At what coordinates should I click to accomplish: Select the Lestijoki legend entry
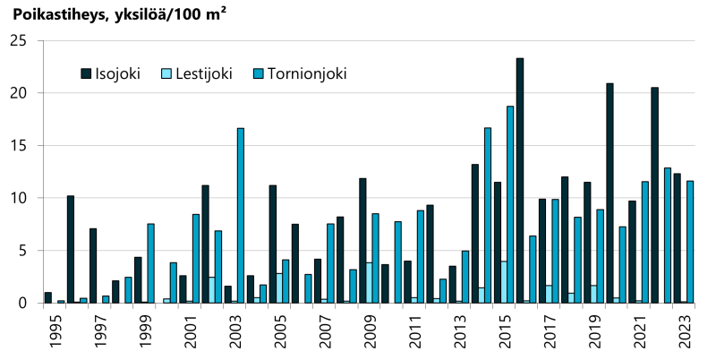[x=195, y=73]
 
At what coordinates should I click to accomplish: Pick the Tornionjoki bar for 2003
[x=241, y=215]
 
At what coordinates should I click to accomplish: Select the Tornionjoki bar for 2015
[x=510, y=204]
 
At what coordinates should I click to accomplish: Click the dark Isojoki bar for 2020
[x=609, y=193]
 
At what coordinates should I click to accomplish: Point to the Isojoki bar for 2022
[x=655, y=194]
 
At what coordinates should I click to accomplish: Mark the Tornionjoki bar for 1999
[x=151, y=263]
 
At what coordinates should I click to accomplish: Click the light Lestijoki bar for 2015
[x=504, y=282]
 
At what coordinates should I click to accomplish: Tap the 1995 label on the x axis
[x=55, y=330]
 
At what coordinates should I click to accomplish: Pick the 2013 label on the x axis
[x=460, y=330]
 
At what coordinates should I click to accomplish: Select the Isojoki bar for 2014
[x=475, y=233]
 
